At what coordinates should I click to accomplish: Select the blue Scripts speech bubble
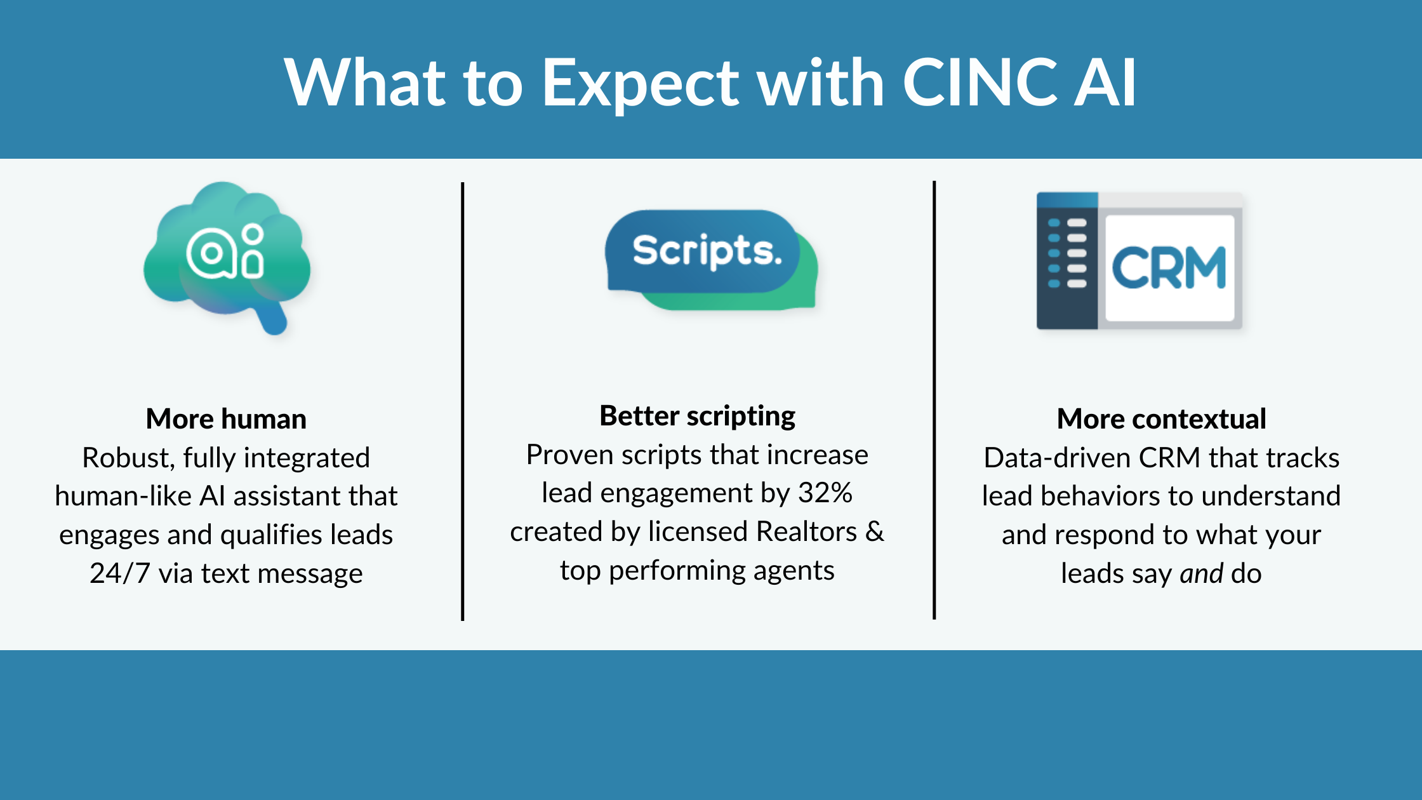click(702, 251)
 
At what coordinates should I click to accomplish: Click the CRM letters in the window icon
click(1169, 268)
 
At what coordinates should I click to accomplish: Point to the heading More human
click(226, 419)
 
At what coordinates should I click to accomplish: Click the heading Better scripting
click(697, 416)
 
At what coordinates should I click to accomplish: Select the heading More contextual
click(1161, 419)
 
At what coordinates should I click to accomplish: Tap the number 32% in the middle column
click(825, 493)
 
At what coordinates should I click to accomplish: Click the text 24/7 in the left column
click(119, 573)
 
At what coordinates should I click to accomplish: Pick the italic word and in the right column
click(1201, 573)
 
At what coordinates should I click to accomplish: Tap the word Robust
click(127, 458)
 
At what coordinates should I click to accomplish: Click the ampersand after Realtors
click(875, 531)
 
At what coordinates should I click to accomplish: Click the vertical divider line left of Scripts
click(463, 400)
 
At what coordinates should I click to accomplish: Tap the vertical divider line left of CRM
click(934, 400)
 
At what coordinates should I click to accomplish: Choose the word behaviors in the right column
click(1101, 496)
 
